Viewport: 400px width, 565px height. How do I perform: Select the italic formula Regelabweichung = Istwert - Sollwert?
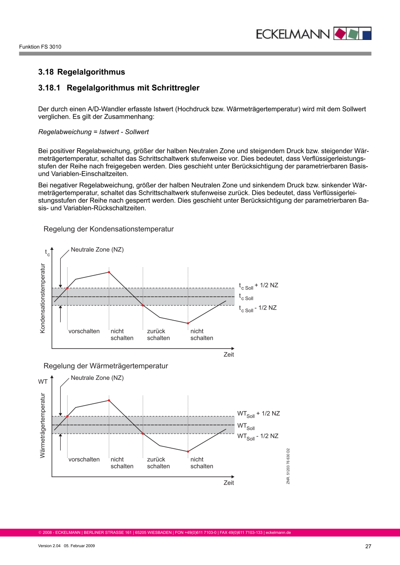pos(93,132)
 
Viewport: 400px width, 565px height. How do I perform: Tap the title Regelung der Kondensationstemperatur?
pos(109,229)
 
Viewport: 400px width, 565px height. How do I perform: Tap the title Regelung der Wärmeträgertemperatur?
pos(106,366)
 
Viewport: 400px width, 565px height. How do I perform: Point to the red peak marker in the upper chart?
pos(109,272)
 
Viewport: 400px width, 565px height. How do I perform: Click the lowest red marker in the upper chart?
pos(188,323)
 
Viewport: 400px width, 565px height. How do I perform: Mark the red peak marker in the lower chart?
pos(109,401)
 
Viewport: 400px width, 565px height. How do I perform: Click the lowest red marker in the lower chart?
pos(188,452)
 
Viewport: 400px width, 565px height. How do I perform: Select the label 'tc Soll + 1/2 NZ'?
pos(258,286)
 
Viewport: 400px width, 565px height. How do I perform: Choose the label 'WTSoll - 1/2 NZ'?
pos(257,436)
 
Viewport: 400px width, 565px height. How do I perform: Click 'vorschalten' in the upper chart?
pos(84,331)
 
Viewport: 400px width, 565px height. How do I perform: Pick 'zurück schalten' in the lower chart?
pos(158,463)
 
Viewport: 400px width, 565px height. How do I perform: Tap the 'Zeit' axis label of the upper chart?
pos(229,355)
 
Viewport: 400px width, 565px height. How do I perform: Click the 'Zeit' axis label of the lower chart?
pos(229,483)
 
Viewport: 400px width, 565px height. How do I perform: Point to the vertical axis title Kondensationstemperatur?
pos(43,298)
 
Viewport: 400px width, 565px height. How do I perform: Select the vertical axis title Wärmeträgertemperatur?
pos(43,425)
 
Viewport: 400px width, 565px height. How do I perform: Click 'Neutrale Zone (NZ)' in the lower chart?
pos(97,378)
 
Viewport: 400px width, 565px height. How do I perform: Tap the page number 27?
pos(368,546)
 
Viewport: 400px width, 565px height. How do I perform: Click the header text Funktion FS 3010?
pos(40,47)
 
